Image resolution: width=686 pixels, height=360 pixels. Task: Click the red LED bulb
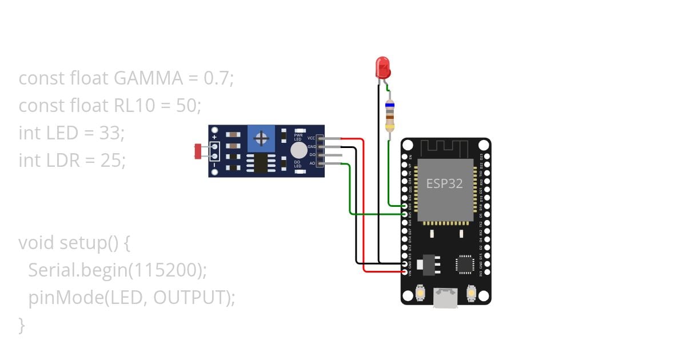[382, 67]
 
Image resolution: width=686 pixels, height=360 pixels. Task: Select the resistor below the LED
[389, 116]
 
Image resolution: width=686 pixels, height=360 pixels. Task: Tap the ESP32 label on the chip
[444, 183]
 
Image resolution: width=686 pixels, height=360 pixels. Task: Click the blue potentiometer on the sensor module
[262, 139]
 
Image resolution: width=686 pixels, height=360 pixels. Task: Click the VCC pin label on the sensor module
[311, 138]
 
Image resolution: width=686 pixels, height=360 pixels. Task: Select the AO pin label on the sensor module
[312, 164]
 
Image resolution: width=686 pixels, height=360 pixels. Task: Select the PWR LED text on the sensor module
[298, 137]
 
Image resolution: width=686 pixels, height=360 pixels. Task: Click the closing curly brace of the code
[22, 325]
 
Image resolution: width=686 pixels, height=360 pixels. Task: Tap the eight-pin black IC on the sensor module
[261, 163]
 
